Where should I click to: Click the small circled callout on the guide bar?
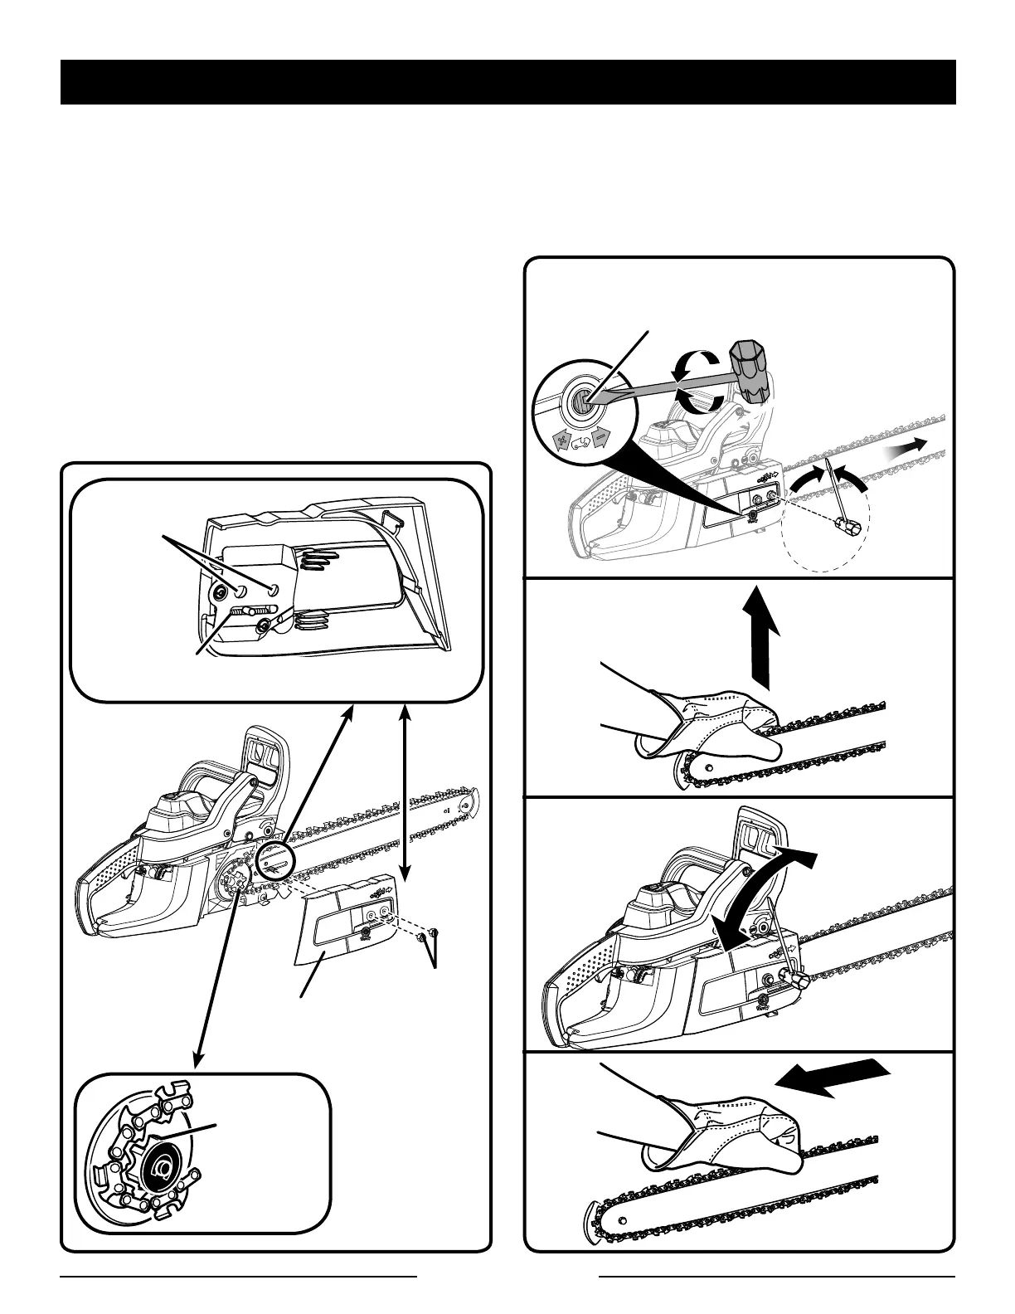click(275, 861)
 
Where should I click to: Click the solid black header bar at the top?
click(508, 82)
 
